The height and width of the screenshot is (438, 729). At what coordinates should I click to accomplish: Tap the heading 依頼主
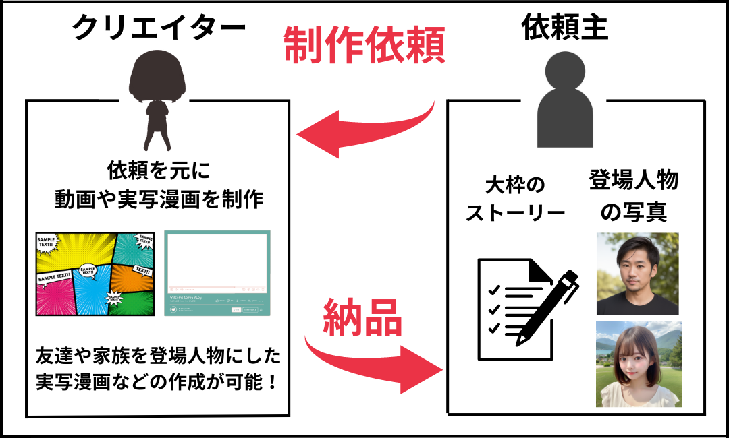[x=565, y=28]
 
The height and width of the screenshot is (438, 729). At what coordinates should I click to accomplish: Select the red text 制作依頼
[x=364, y=46]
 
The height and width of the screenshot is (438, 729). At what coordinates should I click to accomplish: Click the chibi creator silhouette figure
[x=158, y=101]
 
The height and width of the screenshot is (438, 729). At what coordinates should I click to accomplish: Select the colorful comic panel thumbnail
[x=95, y=274]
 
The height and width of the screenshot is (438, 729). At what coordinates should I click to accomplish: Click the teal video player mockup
[x=217, y=274]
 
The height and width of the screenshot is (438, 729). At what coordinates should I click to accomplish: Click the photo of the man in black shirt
[x=637, y=274]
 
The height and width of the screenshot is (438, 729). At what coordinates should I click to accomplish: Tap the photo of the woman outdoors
[x=639, y=364]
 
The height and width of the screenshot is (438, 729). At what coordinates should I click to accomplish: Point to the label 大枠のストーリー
[x=515, y=199]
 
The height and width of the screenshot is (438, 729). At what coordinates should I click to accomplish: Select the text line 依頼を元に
[x=159, y=170]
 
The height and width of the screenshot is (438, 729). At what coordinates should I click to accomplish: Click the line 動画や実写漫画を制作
[x=159, y=199]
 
